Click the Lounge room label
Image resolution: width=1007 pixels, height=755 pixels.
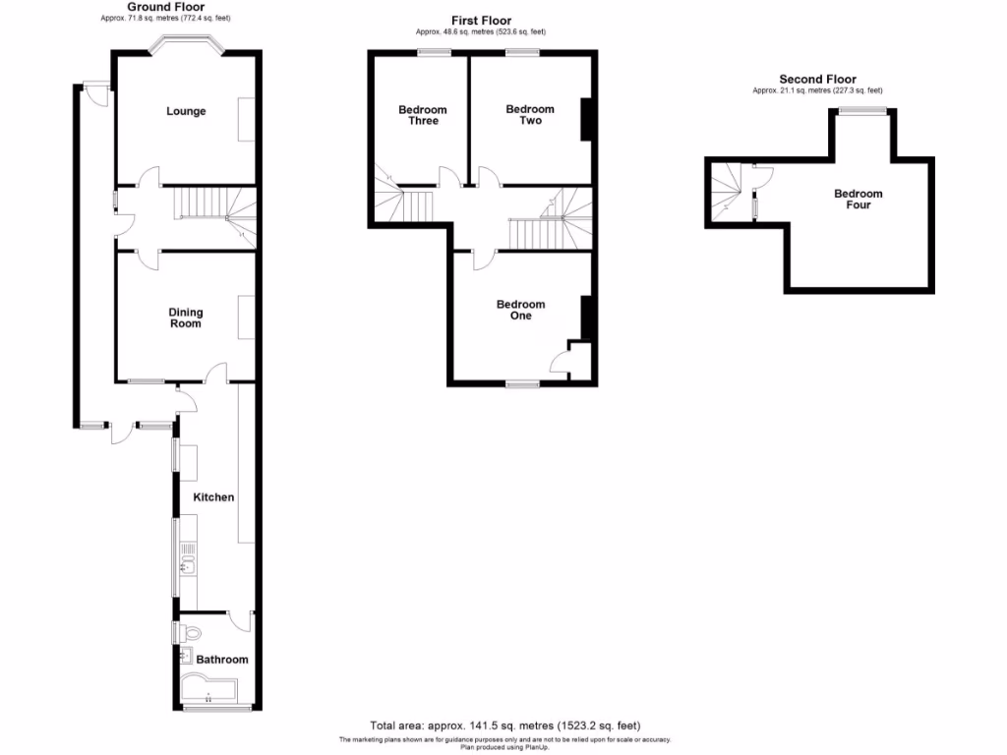pyautogui.click(x=186, y=111)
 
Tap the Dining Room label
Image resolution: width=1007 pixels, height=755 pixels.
pyautogui.click(x=186, y=318)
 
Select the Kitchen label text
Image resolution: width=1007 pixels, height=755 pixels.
pyautogui.click(x=213, y=497)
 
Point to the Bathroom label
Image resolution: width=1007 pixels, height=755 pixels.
pyautogui.click(x=222, y=660)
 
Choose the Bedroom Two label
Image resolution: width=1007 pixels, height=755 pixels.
pyautogui.click(x=530, y=115)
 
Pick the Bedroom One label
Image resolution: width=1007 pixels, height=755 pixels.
pyautogui.click(x=520, y=311)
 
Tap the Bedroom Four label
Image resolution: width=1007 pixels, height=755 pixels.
pyautogui.click(x=859, y=200)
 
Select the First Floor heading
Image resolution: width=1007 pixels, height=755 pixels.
pyautogui.click(x=481, y=21)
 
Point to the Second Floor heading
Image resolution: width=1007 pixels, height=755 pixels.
pyautogui.click(x=817, y=80)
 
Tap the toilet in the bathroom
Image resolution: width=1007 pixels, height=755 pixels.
pyautogui.click(x=192, y=633)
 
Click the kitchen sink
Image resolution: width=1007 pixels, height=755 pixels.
pyautogui.click(x=187, y=563)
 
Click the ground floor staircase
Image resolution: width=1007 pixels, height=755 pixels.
pyautogui.click(x=211, y=206)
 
